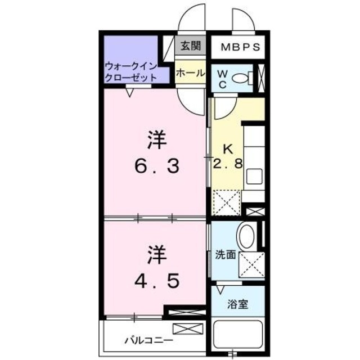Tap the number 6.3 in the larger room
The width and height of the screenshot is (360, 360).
[x=157, y=166]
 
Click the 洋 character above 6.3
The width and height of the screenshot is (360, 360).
[x=157, y=139]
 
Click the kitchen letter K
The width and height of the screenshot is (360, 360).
[x=227, y=150]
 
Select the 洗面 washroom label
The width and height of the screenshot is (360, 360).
[x=225, y=255]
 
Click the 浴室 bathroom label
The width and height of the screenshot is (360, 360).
[x=236, y=307]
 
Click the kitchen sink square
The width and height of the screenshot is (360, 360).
[x=254, y=177]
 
